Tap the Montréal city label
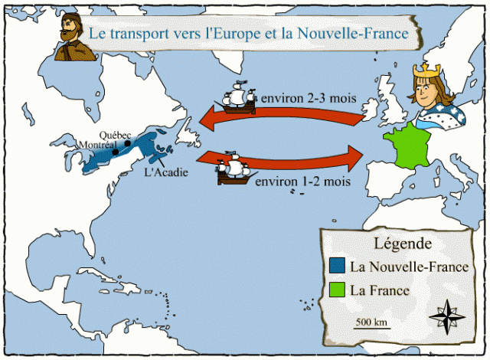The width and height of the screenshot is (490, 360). tap(96, 145)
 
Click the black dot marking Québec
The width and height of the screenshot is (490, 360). tap(125, 142)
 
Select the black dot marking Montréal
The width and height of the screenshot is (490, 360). tap(115, 152)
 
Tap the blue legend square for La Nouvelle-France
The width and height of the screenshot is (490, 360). tap(335, 267)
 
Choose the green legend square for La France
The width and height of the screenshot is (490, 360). tap(335, 291)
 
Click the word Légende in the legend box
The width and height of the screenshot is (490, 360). tap(401, 244)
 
